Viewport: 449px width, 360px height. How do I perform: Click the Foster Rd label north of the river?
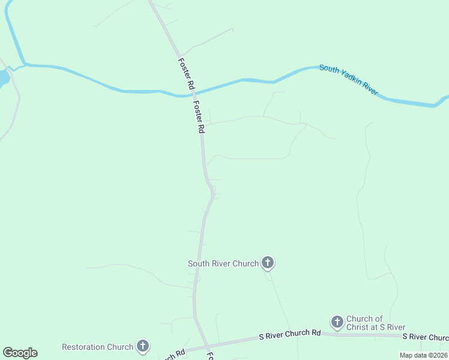pos(186,74)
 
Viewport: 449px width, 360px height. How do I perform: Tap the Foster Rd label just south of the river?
pos(200,116)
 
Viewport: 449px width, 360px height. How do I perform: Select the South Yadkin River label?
pos(349,80)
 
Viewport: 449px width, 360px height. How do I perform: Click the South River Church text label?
pos(223,263)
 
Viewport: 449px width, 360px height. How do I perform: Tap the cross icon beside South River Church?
pos(268,263)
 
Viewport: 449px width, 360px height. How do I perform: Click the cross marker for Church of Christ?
pos(337,322)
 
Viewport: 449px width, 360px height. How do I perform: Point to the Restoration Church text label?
pos(97,347)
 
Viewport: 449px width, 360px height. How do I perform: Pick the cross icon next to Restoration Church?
pos(142,346)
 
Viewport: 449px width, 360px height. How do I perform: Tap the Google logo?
pos(20,353)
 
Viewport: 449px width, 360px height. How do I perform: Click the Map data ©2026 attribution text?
pos(423,355)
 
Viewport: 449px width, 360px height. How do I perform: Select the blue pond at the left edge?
pos(3,79)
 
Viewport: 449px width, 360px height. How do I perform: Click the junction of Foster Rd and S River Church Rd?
pos(207,346)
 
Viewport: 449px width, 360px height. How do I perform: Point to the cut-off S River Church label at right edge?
pos(425,337)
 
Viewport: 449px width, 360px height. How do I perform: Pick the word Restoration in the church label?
pos(83,347)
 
